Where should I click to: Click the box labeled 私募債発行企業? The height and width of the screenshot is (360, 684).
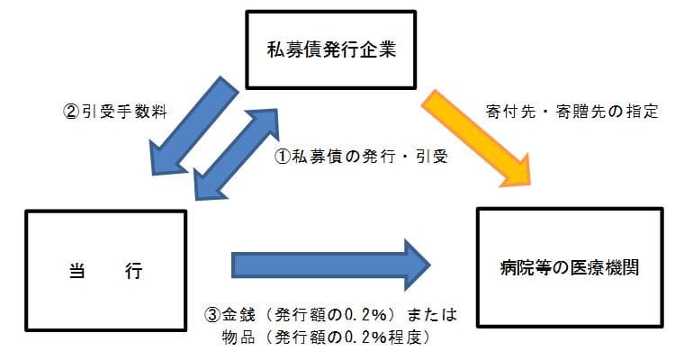pos(331,49)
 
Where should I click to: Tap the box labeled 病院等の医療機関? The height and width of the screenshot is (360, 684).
pos(569,268)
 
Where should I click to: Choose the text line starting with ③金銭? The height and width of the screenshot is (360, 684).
pos(333,317)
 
